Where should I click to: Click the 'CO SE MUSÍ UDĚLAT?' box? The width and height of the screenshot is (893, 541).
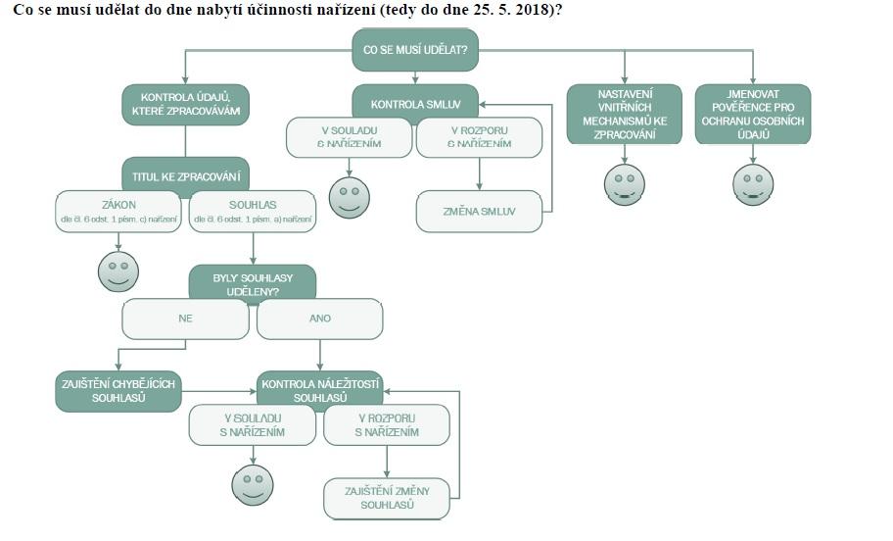415,50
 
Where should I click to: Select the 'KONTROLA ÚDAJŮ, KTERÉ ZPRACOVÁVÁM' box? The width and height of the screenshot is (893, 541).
185,105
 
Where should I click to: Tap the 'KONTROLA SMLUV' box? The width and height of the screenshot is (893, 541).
416,103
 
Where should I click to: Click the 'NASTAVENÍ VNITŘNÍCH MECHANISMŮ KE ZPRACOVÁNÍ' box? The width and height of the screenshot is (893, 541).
625,114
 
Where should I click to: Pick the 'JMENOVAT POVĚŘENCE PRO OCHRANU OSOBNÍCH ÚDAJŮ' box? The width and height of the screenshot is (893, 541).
753,114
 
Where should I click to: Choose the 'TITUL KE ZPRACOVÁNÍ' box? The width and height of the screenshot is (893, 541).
185,177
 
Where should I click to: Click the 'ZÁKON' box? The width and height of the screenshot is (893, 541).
119,212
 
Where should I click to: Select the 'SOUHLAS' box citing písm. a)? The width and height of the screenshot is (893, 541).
253,212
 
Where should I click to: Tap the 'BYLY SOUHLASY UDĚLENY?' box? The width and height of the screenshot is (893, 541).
253,284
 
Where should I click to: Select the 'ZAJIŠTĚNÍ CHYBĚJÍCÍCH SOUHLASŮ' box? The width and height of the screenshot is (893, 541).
119,391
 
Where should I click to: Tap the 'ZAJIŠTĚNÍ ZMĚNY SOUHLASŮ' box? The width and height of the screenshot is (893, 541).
386,497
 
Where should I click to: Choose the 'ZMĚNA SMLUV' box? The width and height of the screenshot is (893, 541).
479,212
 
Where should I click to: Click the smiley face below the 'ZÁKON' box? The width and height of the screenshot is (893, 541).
118,270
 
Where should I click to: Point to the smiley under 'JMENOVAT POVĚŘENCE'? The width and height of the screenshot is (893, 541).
753,183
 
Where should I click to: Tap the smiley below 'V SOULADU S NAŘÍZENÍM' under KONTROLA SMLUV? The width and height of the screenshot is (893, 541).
349,196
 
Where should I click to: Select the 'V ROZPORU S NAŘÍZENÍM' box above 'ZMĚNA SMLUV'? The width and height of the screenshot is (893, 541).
479,137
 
